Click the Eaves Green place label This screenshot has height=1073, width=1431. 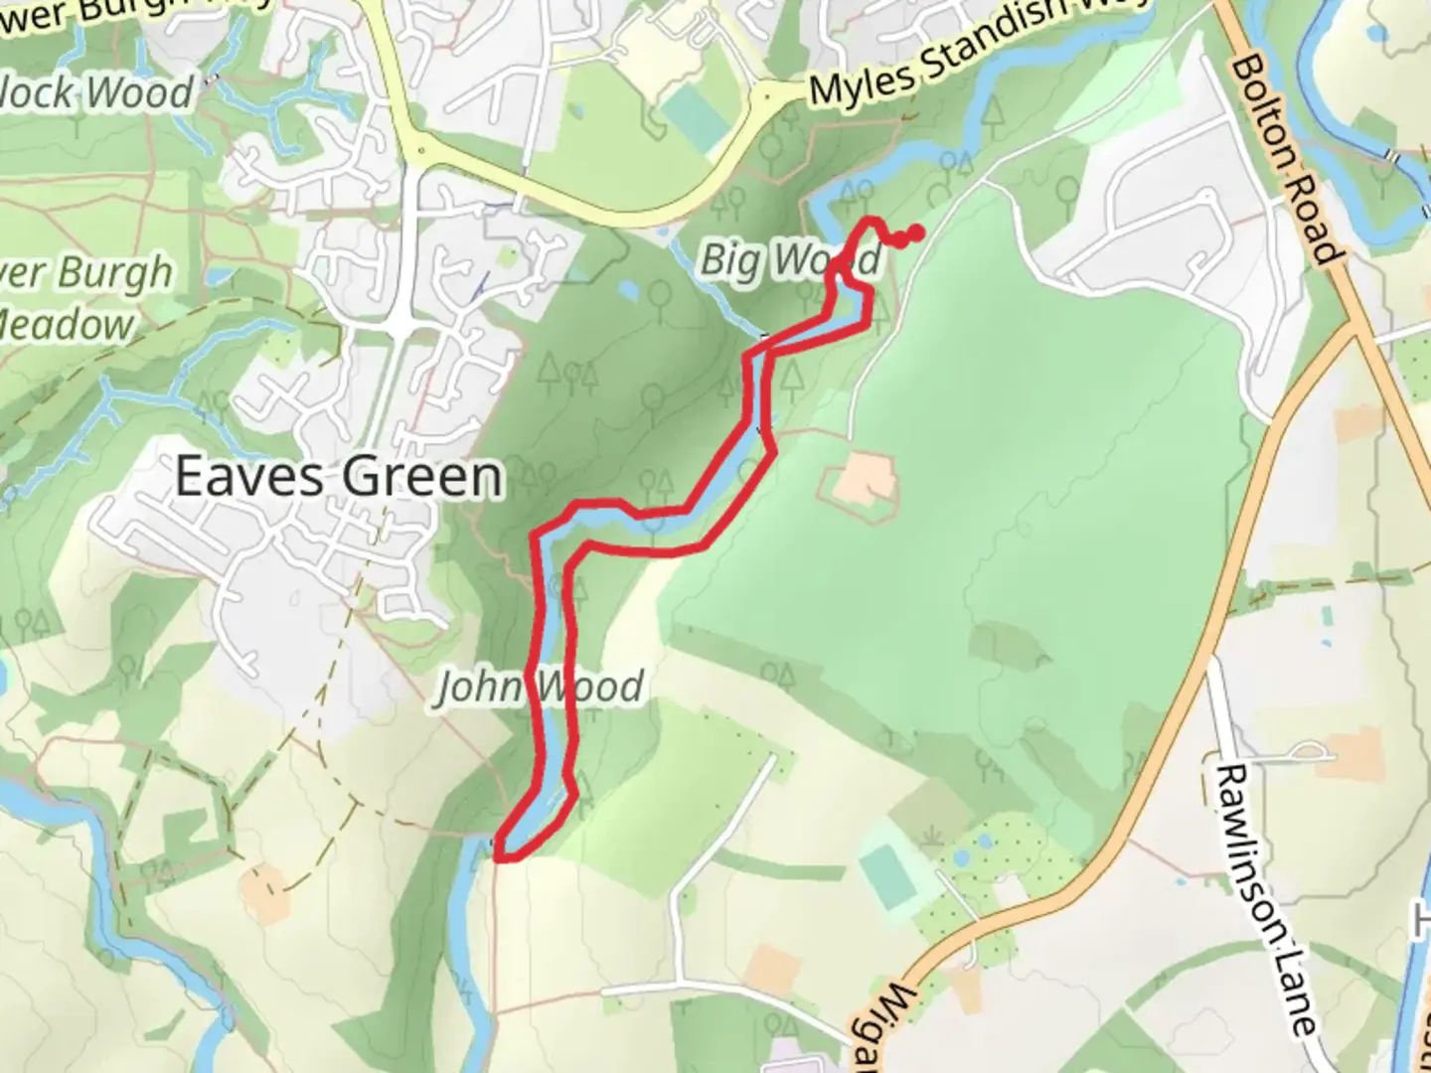pos(338,478)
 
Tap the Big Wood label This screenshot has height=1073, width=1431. pos(790,260)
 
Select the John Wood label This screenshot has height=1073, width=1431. pos(541,688)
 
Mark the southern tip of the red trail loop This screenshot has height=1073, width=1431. pos(502,853)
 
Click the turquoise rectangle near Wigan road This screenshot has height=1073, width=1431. pos(887,877)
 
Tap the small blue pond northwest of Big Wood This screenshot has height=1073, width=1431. pos(628,290)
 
